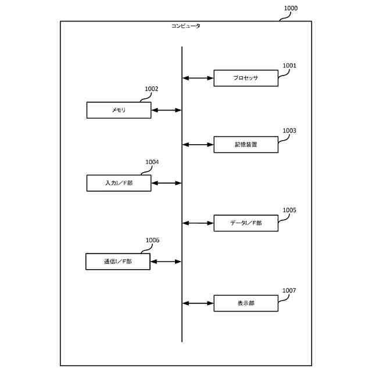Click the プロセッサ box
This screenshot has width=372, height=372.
245,78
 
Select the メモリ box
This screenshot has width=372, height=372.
119,110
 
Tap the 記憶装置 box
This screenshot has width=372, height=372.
245,144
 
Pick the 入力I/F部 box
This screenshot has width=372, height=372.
119,183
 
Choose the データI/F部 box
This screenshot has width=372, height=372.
245,223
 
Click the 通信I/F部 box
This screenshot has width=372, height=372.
118,262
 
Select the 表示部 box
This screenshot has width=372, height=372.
245,303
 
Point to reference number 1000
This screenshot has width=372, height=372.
291,8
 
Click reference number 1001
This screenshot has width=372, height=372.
289,66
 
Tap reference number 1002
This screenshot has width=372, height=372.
152,89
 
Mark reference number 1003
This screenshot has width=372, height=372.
289,131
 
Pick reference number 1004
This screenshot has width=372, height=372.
152,162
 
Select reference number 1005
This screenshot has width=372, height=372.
289,210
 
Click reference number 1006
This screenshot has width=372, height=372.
152,240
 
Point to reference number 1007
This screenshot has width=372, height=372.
289,290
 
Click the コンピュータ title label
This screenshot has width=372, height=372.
186,26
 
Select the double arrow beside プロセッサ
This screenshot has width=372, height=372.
198,77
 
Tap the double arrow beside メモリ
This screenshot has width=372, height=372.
166,110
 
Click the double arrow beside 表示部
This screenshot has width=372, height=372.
198,303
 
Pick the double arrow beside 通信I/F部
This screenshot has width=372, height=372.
166,262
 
